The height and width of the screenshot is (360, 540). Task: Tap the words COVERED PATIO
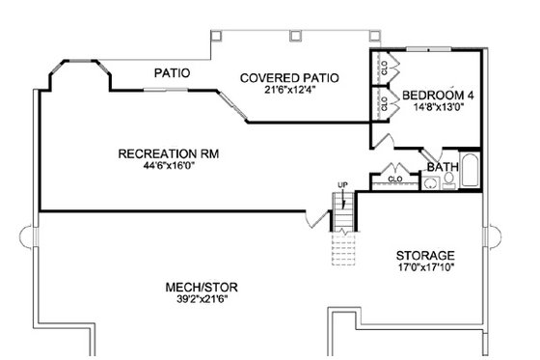(x=281, y=77)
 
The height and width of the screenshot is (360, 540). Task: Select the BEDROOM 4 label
(x=439, y=95)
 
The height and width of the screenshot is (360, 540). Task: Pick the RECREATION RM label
(x=157, y=153)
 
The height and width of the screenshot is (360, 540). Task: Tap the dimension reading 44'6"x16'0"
(x=157, y=166)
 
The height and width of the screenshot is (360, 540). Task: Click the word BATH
(x=443, y=167)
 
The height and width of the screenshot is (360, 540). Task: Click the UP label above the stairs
(x=341, y=184)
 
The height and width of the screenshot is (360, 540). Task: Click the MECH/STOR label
(x=202, y=288)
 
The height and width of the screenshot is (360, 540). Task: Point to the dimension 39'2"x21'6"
(x=202, y=300)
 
